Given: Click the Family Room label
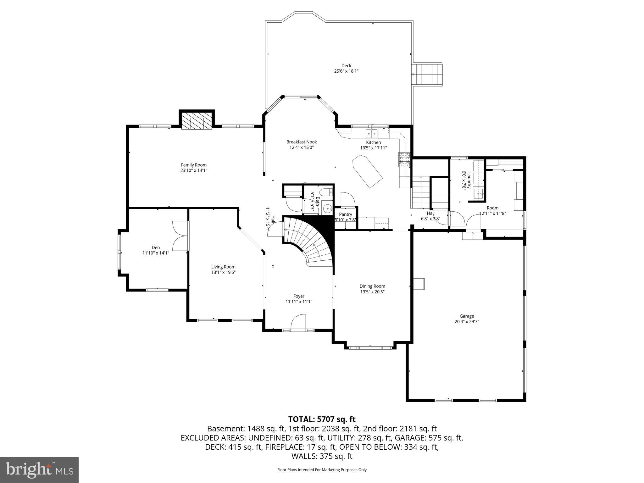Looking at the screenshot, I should tap(194, 165).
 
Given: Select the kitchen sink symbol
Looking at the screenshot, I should tap(372, 134).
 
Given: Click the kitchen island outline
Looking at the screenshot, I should tap(367, 172).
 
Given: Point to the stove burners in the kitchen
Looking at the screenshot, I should tap(404, 159).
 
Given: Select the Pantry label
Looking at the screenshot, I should tap(345, 214).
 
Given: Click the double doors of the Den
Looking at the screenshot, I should tap(180, 236).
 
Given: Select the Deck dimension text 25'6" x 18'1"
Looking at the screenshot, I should tap(346, 71).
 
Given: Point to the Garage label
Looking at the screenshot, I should tap(467, 316).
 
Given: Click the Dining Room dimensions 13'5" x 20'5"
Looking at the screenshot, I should tap(372, 291).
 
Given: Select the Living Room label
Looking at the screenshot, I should tap(223, 267).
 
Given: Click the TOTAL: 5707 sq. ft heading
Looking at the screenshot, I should tap(322, 419).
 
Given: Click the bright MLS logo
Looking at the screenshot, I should tap(39, 470).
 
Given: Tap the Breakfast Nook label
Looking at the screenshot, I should tap(302, 142).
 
